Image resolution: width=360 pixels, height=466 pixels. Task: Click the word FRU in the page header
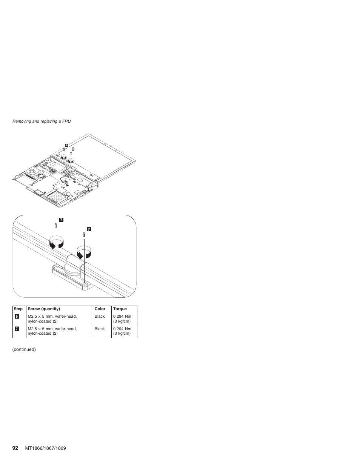click(67, 121)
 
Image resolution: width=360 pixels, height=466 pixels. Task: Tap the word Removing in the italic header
click(22, 121)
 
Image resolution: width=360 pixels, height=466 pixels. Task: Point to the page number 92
click(15, 448)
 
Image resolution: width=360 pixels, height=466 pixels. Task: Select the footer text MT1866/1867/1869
click(46, 448)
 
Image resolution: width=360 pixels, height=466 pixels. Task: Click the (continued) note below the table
click(24, 349)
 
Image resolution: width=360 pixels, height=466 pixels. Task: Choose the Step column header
click(18, 309)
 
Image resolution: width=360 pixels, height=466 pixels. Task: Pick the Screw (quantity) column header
click(44, 309)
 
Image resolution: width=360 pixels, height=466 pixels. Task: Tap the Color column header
click(100, 309)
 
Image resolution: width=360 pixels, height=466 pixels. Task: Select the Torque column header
click(120, 309)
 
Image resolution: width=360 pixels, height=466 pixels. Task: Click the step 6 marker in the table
click(17, 317)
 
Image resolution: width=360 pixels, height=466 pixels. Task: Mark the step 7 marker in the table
click(17, 329)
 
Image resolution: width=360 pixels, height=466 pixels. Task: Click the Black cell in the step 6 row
click(100, 317)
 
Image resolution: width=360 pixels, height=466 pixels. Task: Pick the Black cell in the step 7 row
click(100, 329)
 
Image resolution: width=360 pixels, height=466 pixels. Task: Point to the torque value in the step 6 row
click(122, 319)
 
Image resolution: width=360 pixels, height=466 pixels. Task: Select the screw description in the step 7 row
click(52, 331)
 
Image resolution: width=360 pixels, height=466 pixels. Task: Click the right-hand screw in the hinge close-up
click(84, 234)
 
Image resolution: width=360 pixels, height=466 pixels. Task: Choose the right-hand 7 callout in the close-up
click(89, 229)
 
